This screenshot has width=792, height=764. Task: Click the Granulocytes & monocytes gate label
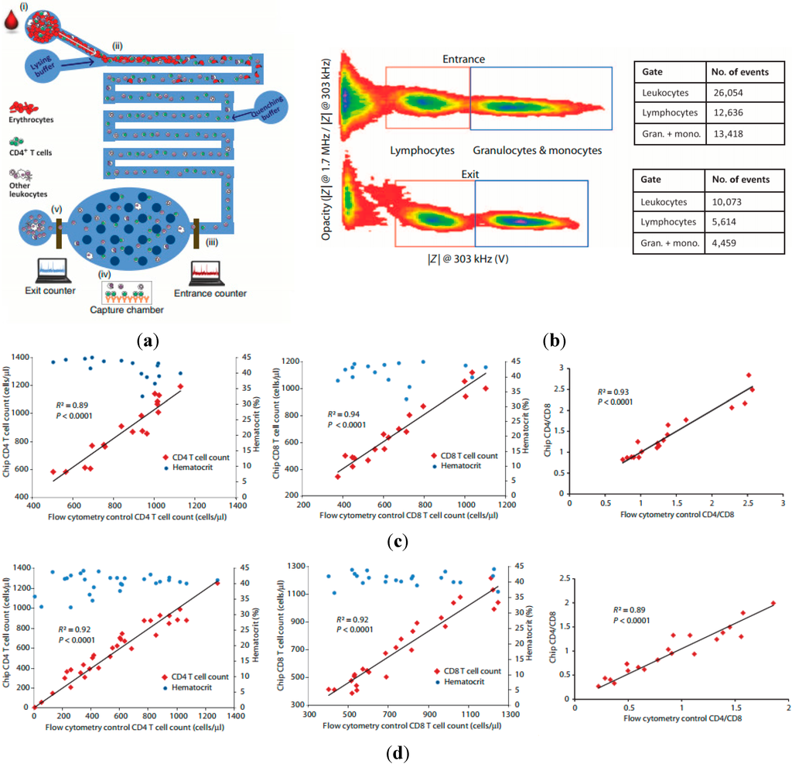tap(537, 151)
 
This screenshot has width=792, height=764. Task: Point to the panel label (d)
tap(397, 751)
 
